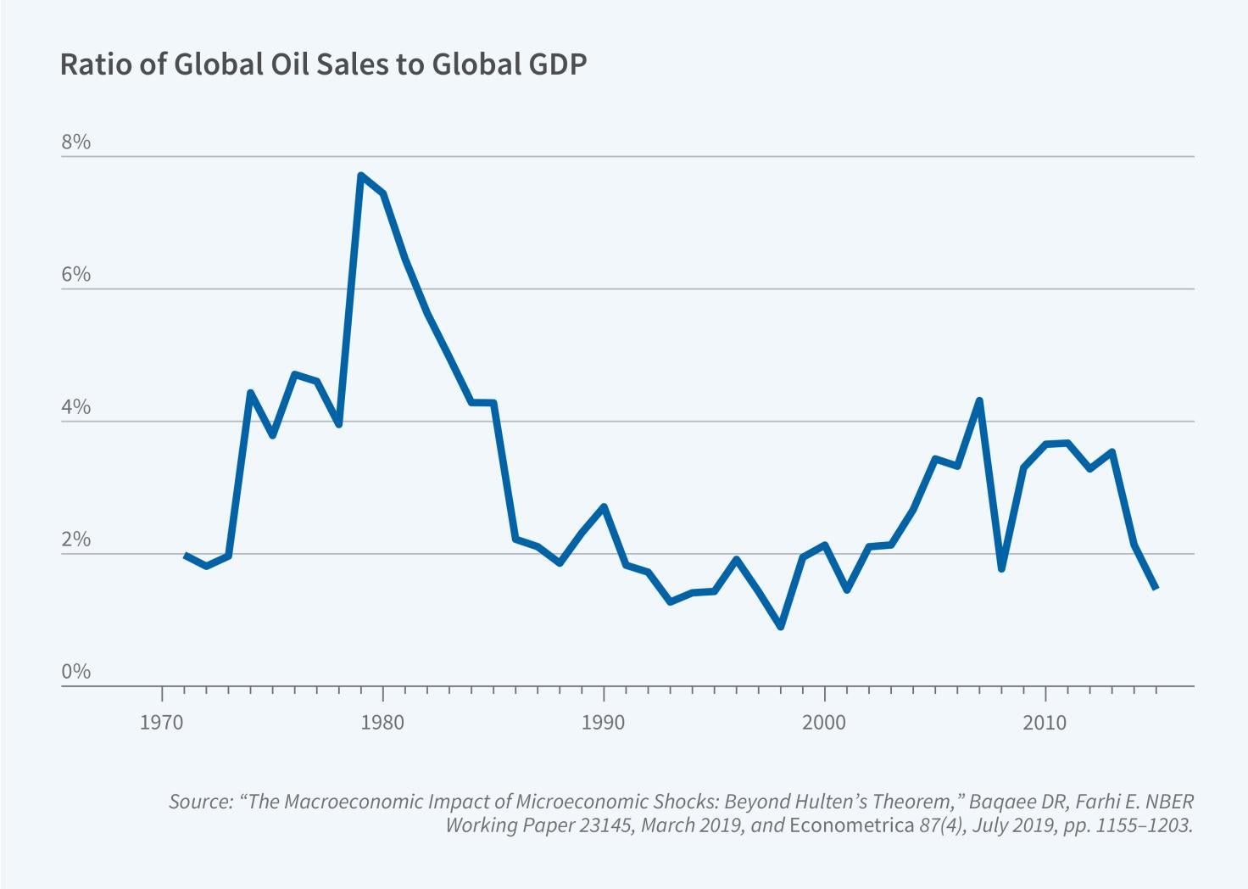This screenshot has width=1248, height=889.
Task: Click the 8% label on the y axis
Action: (x=75, y=143)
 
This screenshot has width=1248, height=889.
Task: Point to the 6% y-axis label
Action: (x=75, y=275)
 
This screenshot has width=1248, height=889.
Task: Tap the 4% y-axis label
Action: (x=75, y=407)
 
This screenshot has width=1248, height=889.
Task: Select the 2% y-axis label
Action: (x=75, y=540)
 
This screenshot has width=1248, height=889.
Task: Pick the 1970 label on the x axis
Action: (x=161, y=723)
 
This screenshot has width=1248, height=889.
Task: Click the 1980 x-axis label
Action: (x=382, y=723)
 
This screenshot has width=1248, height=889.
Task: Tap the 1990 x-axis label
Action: (x=603, y=723)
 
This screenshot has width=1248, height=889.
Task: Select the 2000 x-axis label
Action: (x=824, y=723)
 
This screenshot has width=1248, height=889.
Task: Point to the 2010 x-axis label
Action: (x=1045, y=723)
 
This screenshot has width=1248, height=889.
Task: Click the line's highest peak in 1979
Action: (x=360, y=176)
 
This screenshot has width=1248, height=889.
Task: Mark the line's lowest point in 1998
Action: (x=780, y=627)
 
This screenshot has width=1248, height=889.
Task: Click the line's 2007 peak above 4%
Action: (x=979, y=400)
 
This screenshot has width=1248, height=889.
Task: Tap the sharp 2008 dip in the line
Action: (x=1001, y=568)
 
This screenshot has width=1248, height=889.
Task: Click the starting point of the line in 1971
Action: (x=184, y=555)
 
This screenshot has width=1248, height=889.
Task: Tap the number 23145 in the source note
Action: (x=606, y=825)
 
